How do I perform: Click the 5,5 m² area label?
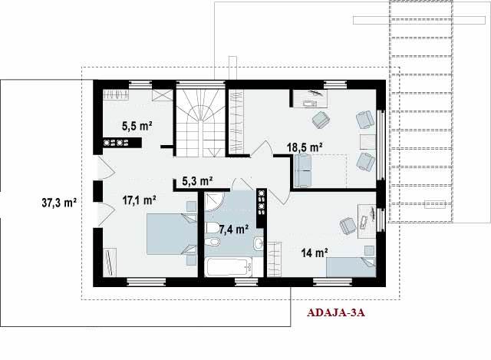coord(137,126)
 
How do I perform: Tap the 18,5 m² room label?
coord(305,147)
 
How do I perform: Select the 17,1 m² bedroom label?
coord(140,200)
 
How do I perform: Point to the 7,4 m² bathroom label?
coord(233,230)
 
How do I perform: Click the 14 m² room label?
coord(315,253)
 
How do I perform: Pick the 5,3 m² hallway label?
coord(198,181)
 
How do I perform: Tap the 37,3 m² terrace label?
coord(59,203)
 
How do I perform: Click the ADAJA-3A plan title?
coord(336,312)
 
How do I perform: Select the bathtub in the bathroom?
coord(229,267)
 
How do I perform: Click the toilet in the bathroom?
coord(213,227)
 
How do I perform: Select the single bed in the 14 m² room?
coord(351,267)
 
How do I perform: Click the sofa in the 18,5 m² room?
coord(303,171)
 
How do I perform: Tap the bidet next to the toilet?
coord(213,242)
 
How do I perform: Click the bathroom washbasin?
coord(259,243)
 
